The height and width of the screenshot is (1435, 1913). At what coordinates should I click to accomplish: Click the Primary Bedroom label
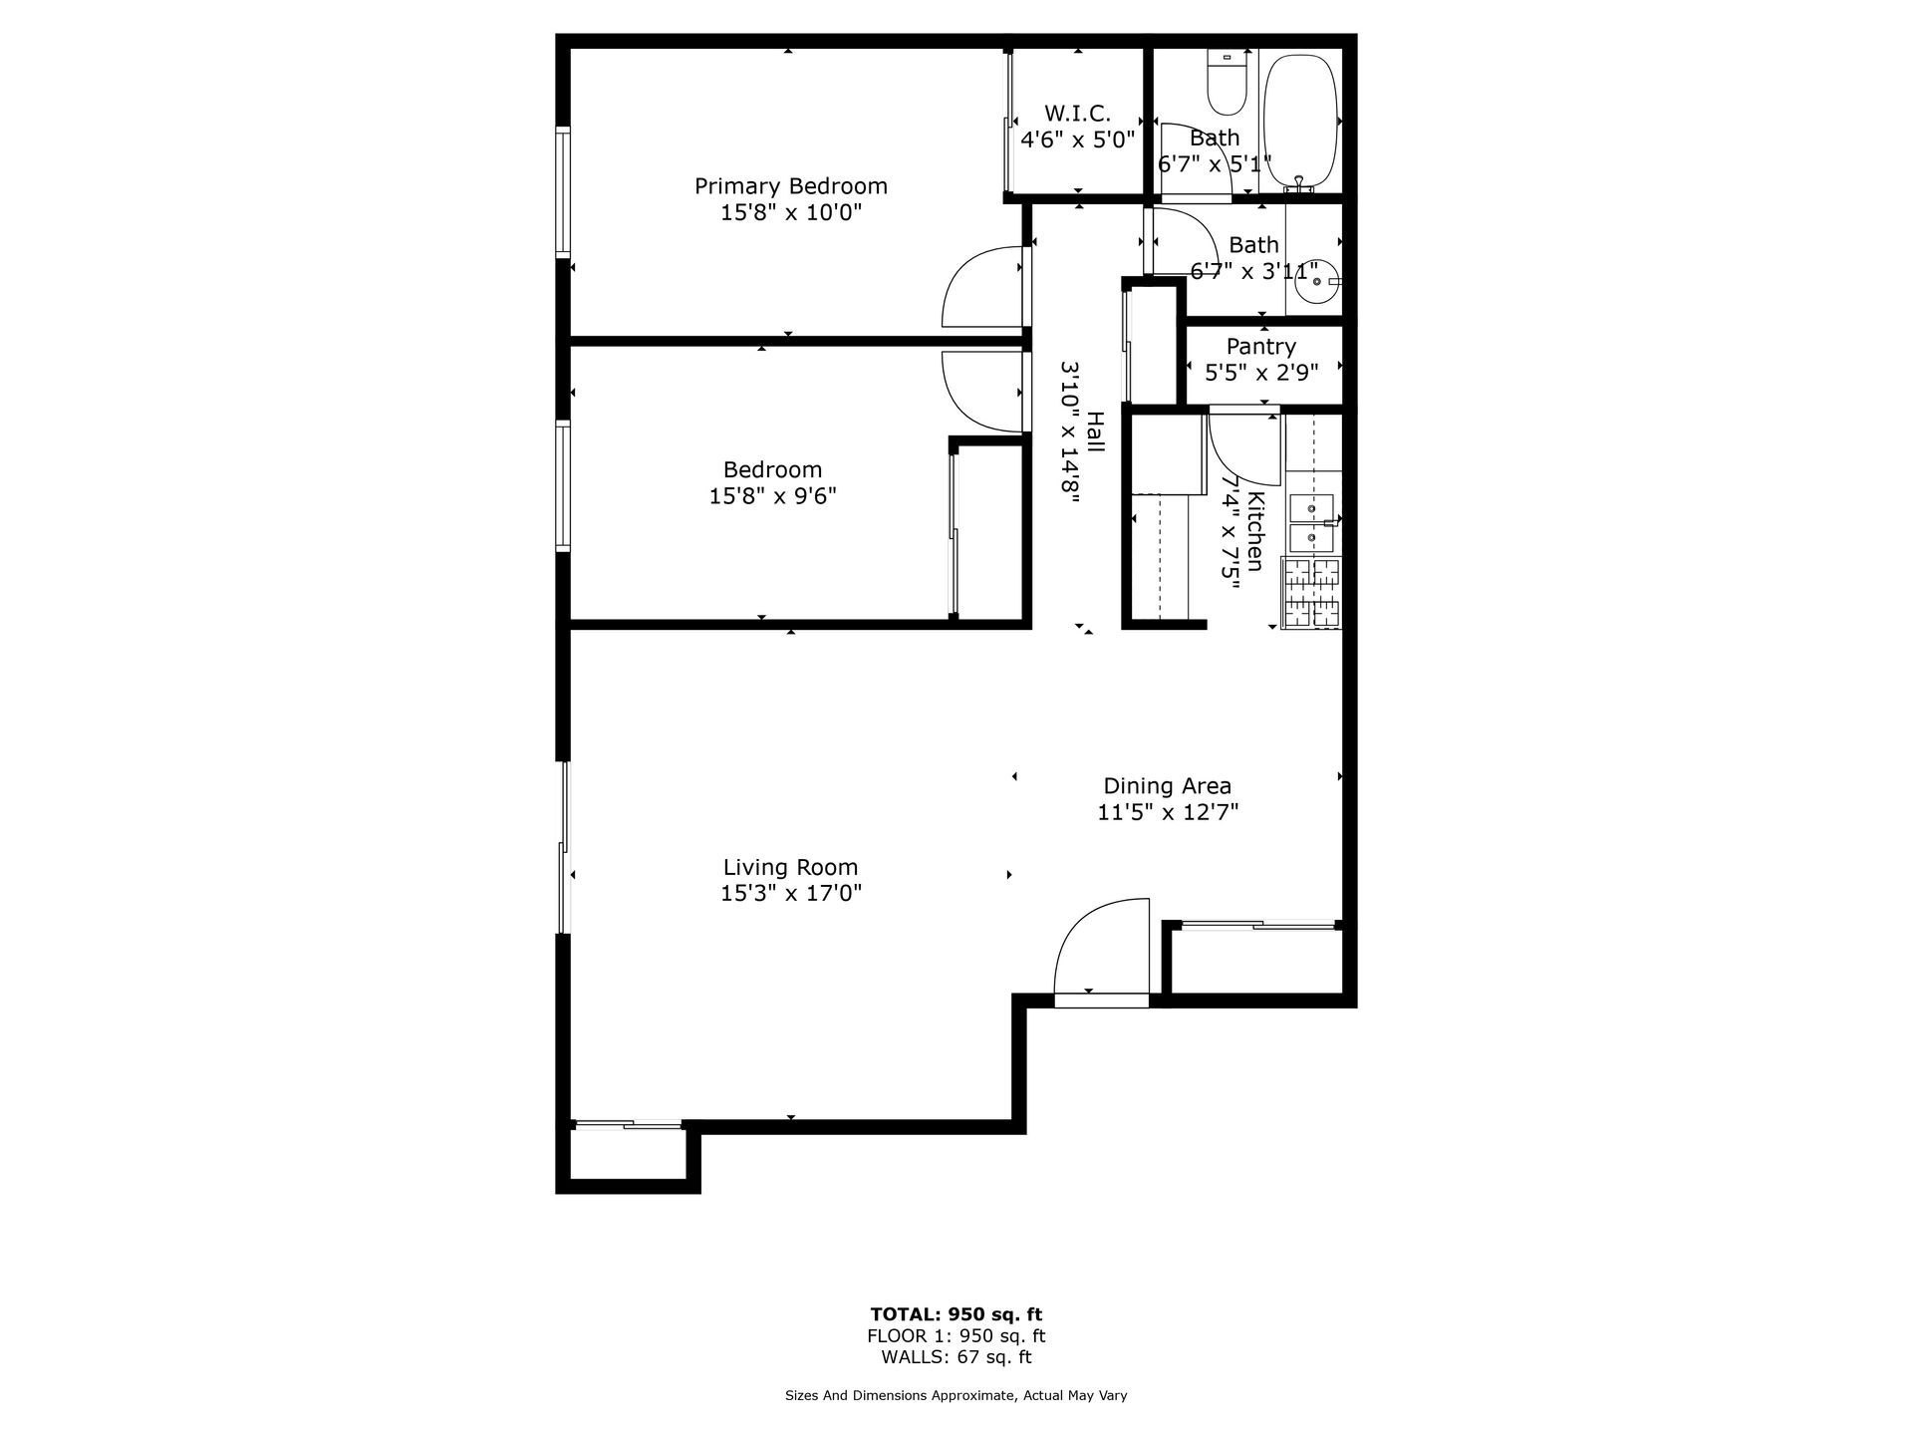[790, 186]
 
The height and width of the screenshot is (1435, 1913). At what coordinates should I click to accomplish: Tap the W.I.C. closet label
[1077, 114]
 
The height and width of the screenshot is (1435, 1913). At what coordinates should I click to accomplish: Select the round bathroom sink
[1318, 283]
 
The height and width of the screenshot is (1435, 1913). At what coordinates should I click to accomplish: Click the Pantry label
[1260, 347]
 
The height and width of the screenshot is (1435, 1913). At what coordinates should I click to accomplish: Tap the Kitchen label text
[1256, 532]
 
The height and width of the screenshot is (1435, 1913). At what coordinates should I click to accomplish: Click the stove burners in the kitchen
[1312, 593]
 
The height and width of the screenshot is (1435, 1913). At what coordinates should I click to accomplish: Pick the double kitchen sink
[1311, 524]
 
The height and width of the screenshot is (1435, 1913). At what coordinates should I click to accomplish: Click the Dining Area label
[1167, 786]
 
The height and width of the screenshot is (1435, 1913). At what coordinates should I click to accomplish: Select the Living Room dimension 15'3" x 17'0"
[791, 894]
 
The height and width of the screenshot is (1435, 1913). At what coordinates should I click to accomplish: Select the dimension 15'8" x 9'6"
[772, 496]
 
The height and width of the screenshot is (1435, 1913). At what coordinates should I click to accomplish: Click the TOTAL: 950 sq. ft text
[956, 1314]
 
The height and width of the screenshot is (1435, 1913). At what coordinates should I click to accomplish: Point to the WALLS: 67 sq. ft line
[956, 1357]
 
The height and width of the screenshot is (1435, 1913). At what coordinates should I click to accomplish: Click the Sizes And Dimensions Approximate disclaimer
[956, 1396]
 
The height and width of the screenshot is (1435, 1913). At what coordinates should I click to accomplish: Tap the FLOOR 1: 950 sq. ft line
[956, 1336]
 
